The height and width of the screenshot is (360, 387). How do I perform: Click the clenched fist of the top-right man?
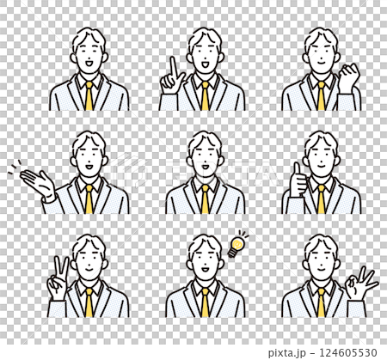coord(348,79)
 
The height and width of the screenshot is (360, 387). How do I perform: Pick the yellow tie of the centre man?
coord(205,199)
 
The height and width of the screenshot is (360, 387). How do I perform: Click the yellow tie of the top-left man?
coord(88,95)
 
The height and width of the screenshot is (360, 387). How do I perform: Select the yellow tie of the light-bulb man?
coord(205,302)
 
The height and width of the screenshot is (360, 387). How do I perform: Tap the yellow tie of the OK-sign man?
coord(321,302)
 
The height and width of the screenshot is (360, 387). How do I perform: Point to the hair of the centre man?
coord(205,140)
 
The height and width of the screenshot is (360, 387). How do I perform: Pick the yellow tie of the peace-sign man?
coord(88,302)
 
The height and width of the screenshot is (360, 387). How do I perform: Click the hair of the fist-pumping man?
coord(320,39)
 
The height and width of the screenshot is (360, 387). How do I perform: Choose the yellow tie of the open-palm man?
coord(88,199)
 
